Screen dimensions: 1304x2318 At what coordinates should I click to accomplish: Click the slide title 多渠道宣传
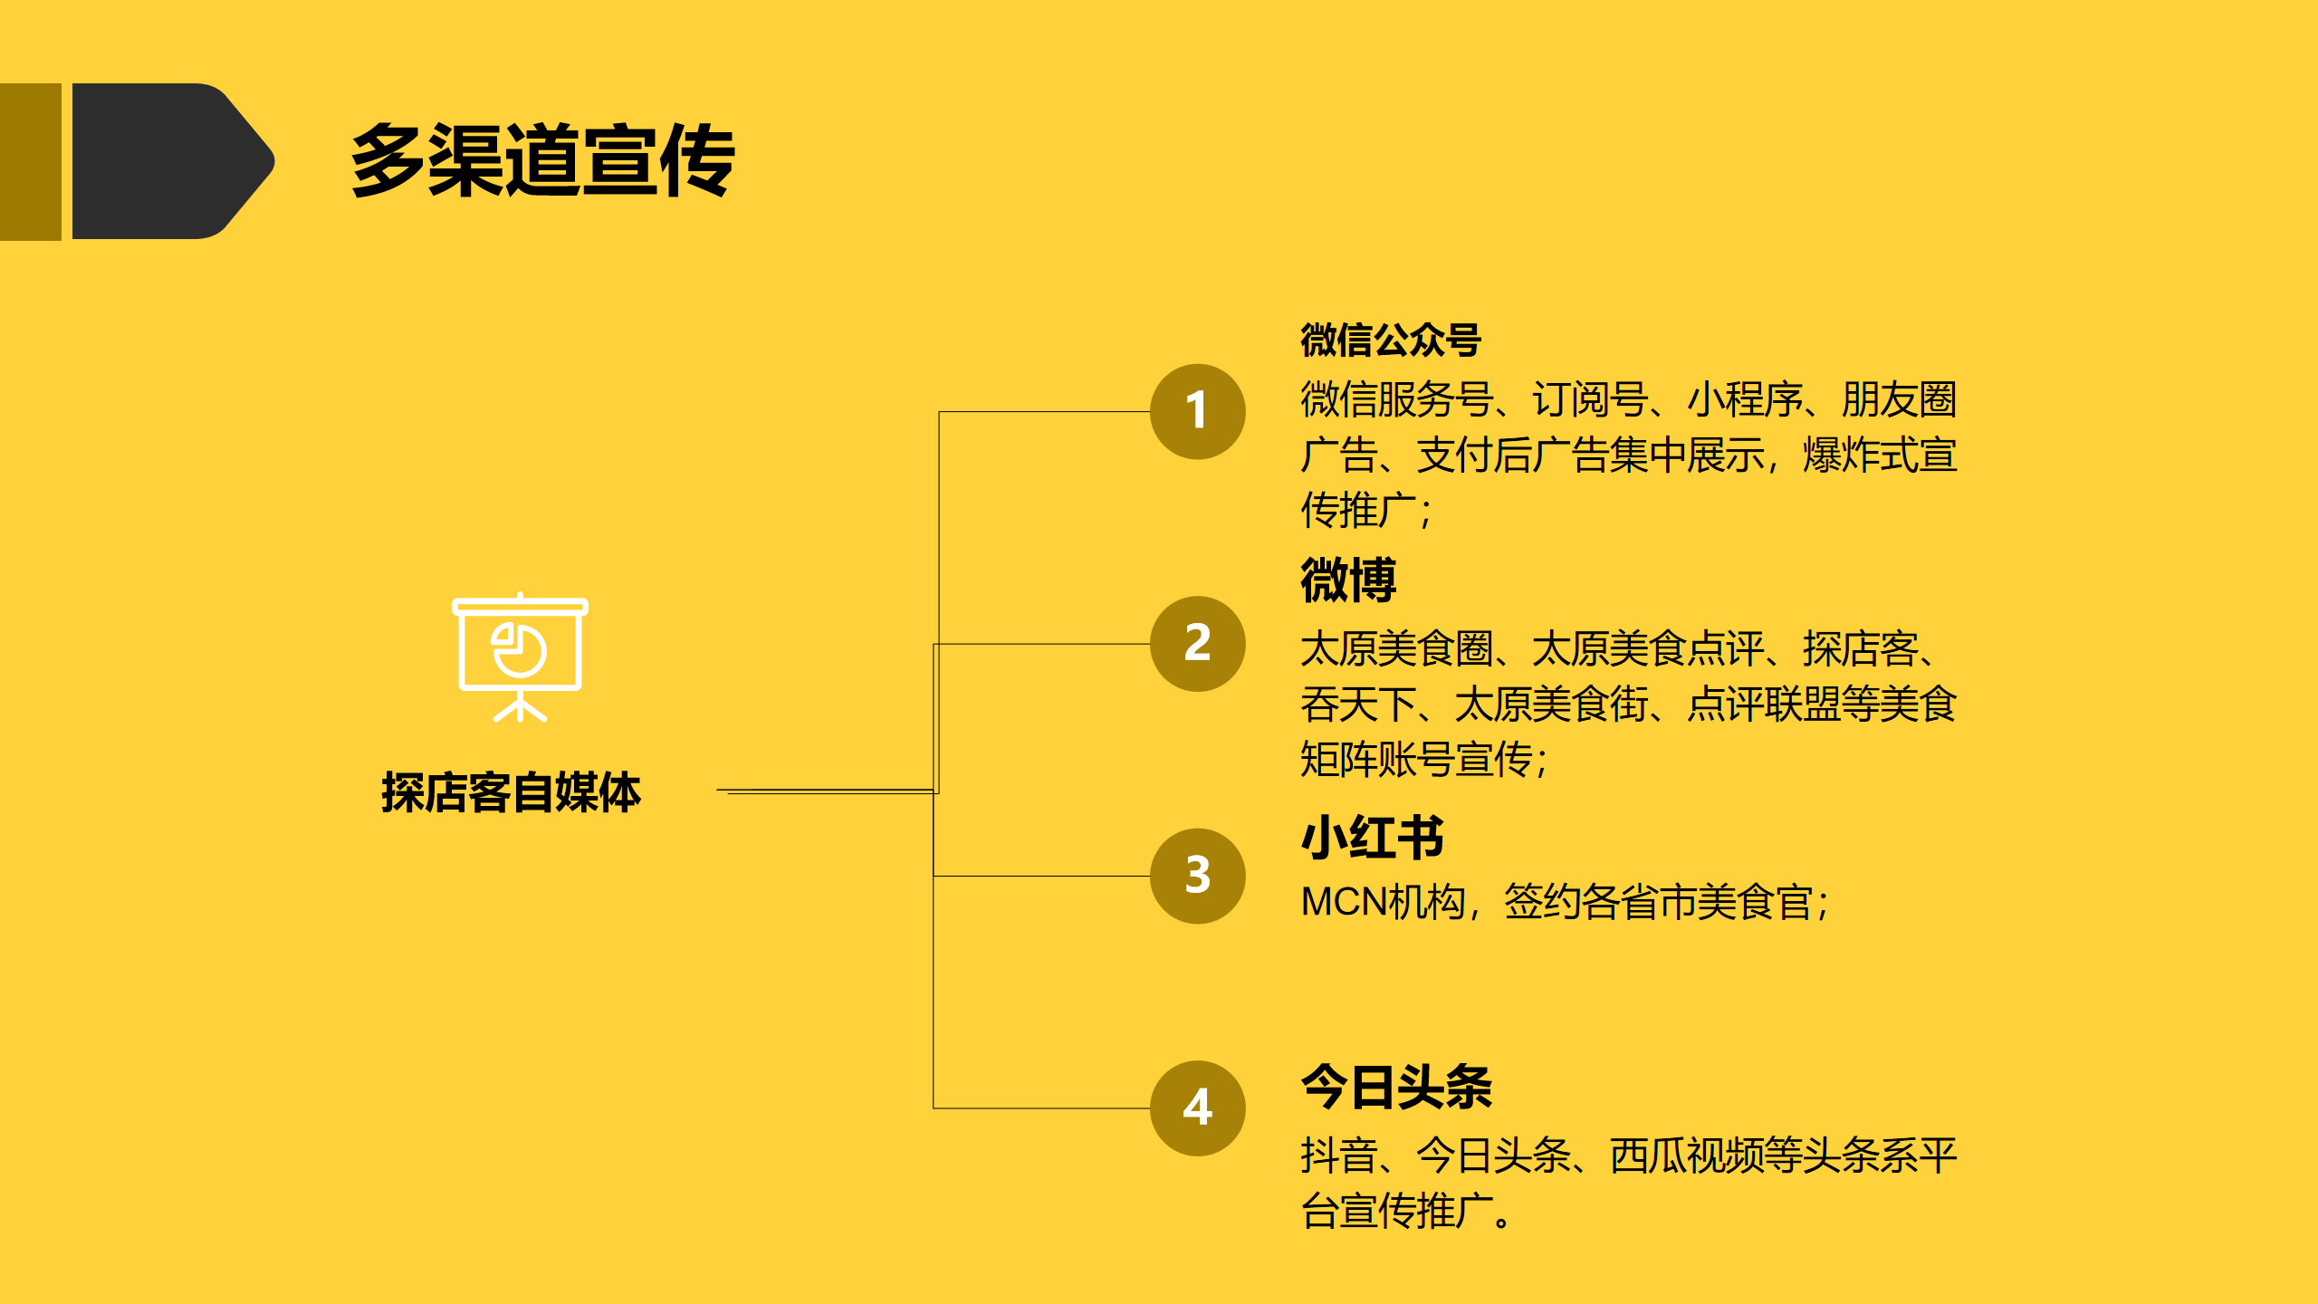tap(542, 160)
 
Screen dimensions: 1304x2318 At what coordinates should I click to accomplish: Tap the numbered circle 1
tap(1197, 411)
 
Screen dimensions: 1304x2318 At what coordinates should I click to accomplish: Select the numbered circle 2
tap(1197, 644)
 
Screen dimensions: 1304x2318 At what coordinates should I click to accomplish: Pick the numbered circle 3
tap(1197, 876)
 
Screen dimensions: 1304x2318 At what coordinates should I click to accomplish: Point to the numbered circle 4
tap(1197, 1107)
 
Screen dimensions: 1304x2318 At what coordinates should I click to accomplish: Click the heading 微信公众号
tap(1390, 340)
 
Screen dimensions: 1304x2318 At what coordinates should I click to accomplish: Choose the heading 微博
tap(1348, 580)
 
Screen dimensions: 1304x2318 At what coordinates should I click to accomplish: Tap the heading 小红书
tap(1372, 837)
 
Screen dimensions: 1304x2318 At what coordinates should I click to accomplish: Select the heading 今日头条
tap(1396, 1087)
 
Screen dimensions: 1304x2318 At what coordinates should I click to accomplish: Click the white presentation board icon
tap(520, 657)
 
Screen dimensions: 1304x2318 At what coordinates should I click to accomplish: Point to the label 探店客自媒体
tap(511, 792)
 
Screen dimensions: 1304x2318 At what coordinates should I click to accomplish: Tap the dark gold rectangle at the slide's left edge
tap(30, 161)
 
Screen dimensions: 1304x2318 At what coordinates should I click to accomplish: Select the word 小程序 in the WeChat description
tap(1745, 399)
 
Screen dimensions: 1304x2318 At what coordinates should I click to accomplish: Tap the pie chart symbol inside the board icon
tap(519, 650)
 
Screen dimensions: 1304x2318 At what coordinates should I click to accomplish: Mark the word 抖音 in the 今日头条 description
tap(1338, 1155)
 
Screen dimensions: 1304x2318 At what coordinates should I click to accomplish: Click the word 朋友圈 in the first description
tap(1899, 399)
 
